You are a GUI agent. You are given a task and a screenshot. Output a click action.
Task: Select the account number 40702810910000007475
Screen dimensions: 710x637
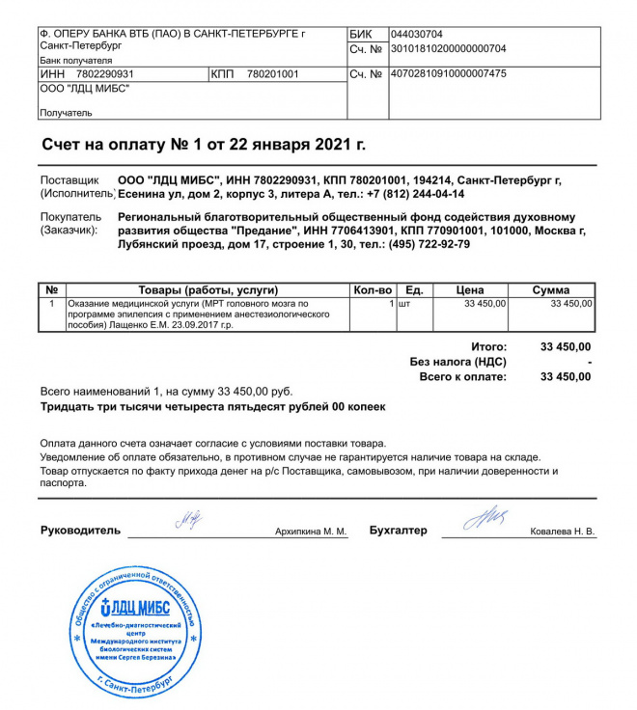[448, 73]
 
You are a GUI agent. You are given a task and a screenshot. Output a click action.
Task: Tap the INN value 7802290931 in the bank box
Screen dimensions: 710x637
[104, 74]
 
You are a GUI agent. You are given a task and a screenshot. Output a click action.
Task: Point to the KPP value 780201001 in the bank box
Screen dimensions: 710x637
[273, 74]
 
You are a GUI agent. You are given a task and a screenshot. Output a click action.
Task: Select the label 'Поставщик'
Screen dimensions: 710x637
[70, 180]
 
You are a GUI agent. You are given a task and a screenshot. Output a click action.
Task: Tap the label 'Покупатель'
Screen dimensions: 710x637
[70, 218]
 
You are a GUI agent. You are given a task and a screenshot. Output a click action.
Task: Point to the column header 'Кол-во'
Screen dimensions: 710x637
[373, 290]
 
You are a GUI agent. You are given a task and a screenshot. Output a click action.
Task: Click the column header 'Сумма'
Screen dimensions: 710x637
[551, 290]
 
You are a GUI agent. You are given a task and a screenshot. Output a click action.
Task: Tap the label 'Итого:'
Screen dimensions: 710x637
[488, 345]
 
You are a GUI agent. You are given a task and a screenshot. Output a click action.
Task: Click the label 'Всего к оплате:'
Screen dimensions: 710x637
[462, 376]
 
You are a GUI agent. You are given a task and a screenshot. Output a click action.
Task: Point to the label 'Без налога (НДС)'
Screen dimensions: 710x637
[457, 361]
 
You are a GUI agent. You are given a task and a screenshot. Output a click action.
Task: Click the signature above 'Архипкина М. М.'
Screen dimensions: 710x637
[189, 522]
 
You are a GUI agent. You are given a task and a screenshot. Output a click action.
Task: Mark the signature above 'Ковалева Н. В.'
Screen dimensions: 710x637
[485, 520]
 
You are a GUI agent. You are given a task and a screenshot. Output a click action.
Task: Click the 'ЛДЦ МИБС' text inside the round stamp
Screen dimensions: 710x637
[136, 607]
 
